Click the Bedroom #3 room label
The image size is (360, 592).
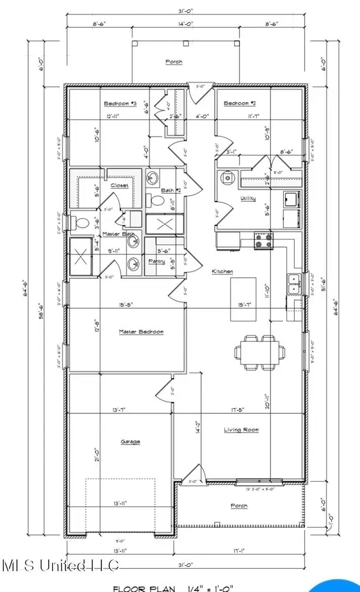point(121,104)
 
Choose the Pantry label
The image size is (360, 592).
point(157,262)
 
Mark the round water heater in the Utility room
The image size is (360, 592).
point(227,178)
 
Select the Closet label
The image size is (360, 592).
point(119,186)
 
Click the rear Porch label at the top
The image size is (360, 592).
point(174,62)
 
